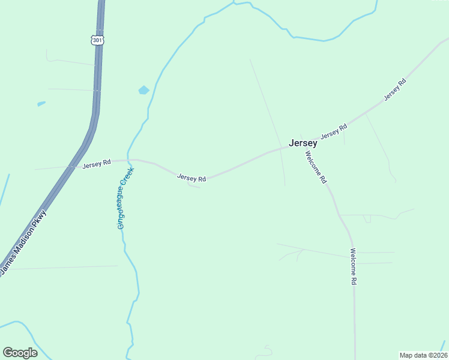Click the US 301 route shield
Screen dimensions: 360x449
pos(98,40)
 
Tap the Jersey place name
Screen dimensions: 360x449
pos(303,143)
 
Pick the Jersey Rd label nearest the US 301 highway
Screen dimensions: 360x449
pos(97,164)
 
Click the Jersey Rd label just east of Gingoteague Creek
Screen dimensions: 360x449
pos(191,178)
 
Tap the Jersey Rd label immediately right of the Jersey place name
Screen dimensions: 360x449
pos(334,132)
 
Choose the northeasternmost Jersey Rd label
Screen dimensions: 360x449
pos(395,89)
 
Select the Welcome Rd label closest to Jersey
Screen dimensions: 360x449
pos(316,167)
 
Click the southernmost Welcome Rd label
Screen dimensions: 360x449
pos(354,266)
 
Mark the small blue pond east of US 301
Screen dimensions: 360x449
pos(143,90)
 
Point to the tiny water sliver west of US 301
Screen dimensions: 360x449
pos(41,104)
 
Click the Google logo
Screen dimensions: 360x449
pos(20,353)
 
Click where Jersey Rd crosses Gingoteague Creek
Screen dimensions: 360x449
pos(128,160)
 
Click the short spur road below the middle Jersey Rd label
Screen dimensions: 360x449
pos(194,186)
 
